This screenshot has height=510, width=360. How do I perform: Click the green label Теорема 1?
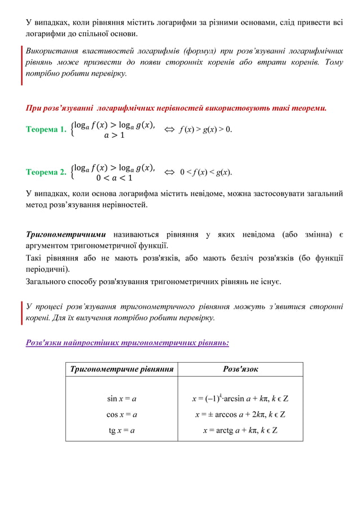46,130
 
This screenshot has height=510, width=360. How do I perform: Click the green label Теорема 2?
46,172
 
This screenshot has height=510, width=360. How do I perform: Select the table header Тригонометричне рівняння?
121,369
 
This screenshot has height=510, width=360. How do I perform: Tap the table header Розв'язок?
240,369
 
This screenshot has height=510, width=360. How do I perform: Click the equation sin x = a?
122,399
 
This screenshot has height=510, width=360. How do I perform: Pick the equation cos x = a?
122,415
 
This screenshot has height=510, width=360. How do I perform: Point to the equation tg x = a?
122,430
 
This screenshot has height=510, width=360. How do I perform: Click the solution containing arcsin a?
240,399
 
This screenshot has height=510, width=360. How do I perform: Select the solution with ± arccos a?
240,415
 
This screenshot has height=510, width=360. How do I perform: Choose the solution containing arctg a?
240,430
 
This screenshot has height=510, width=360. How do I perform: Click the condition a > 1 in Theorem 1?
114,136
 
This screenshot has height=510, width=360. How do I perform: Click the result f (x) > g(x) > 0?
205,130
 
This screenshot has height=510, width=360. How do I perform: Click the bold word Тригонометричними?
66,234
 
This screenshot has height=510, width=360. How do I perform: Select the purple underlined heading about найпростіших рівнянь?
128,342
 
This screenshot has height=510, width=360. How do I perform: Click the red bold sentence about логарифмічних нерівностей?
176,107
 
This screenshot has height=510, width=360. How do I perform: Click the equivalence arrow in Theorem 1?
168,130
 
